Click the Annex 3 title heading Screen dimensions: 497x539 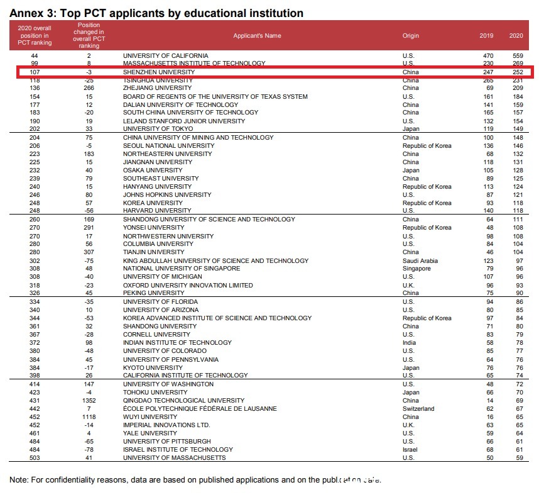coord(156,13)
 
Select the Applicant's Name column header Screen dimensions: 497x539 coord(257,36)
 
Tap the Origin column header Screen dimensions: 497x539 coord(410,36)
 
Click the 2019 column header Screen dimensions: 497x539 coord(486,36)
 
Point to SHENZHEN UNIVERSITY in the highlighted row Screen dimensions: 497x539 coord(159,72)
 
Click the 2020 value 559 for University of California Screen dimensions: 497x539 coord(516,56)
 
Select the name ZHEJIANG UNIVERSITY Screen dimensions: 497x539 coord(157,89)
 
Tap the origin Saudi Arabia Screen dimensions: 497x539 coord(420,260)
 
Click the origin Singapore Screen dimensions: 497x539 coord(416,269)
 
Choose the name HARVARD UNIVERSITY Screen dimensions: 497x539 coord(158,211)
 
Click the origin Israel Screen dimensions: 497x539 coord(410,450)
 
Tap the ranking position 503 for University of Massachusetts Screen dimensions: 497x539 coord(35,458)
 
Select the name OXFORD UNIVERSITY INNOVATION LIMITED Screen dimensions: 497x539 coord(187,285)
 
